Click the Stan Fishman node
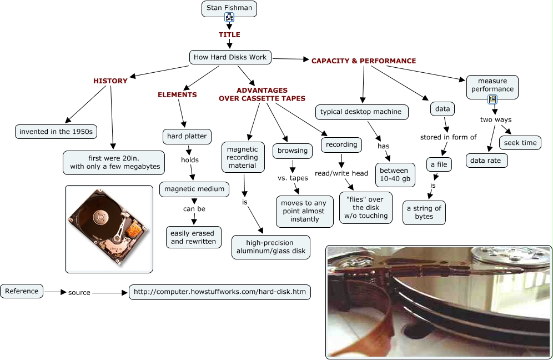click(x=229, y=8)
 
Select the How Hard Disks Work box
click(x=230, y=57)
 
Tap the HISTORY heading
click(x=110, y=81)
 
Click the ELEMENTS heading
click(x=177, y=94)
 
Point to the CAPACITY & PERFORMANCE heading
click(x=364, y=61)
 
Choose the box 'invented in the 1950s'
click(x=56, y=132)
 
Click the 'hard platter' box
click(x=187, y=136)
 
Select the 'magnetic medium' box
click(x=194, y=189)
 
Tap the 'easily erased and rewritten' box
click(x=193, y=237)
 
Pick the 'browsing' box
click(x=293, y=151)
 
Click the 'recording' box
click(x=341, y=144)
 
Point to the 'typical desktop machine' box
click(x=361, y=112)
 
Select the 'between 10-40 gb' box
click(x=395, y=174)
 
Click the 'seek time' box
click(x=521, y=143)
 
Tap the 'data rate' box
click(x=486, y=161)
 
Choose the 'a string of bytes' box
click(x=424, y=212)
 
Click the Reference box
click(x=22, y=291)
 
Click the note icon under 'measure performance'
click(x=492, y=100)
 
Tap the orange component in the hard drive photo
click(x=134, y=228)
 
